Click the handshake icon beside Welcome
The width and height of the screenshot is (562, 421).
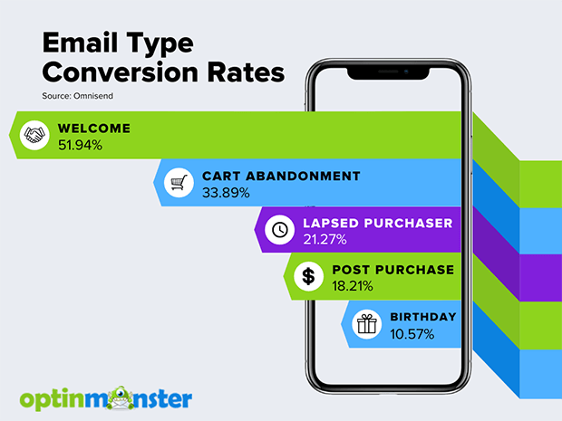34,135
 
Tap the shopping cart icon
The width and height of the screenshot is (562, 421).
179,183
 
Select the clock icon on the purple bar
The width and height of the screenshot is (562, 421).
279,230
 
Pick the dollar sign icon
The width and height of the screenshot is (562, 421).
308,276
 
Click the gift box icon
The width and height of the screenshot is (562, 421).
367,324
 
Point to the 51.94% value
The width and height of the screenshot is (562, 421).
81,146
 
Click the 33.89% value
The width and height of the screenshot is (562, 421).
226,193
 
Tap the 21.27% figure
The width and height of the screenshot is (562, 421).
325,240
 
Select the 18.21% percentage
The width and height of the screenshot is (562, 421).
353,286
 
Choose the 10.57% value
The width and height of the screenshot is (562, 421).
412,334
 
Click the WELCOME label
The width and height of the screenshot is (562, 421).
94,129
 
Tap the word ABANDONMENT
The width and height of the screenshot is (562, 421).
303,176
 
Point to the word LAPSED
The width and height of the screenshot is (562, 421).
331,223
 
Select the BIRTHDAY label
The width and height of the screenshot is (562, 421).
423,317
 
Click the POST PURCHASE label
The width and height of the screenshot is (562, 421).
393,270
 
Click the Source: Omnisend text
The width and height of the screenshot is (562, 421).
77,96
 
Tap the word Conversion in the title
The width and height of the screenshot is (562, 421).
120,72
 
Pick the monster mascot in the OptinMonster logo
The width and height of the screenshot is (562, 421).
122,397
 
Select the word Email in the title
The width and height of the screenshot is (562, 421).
81,43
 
